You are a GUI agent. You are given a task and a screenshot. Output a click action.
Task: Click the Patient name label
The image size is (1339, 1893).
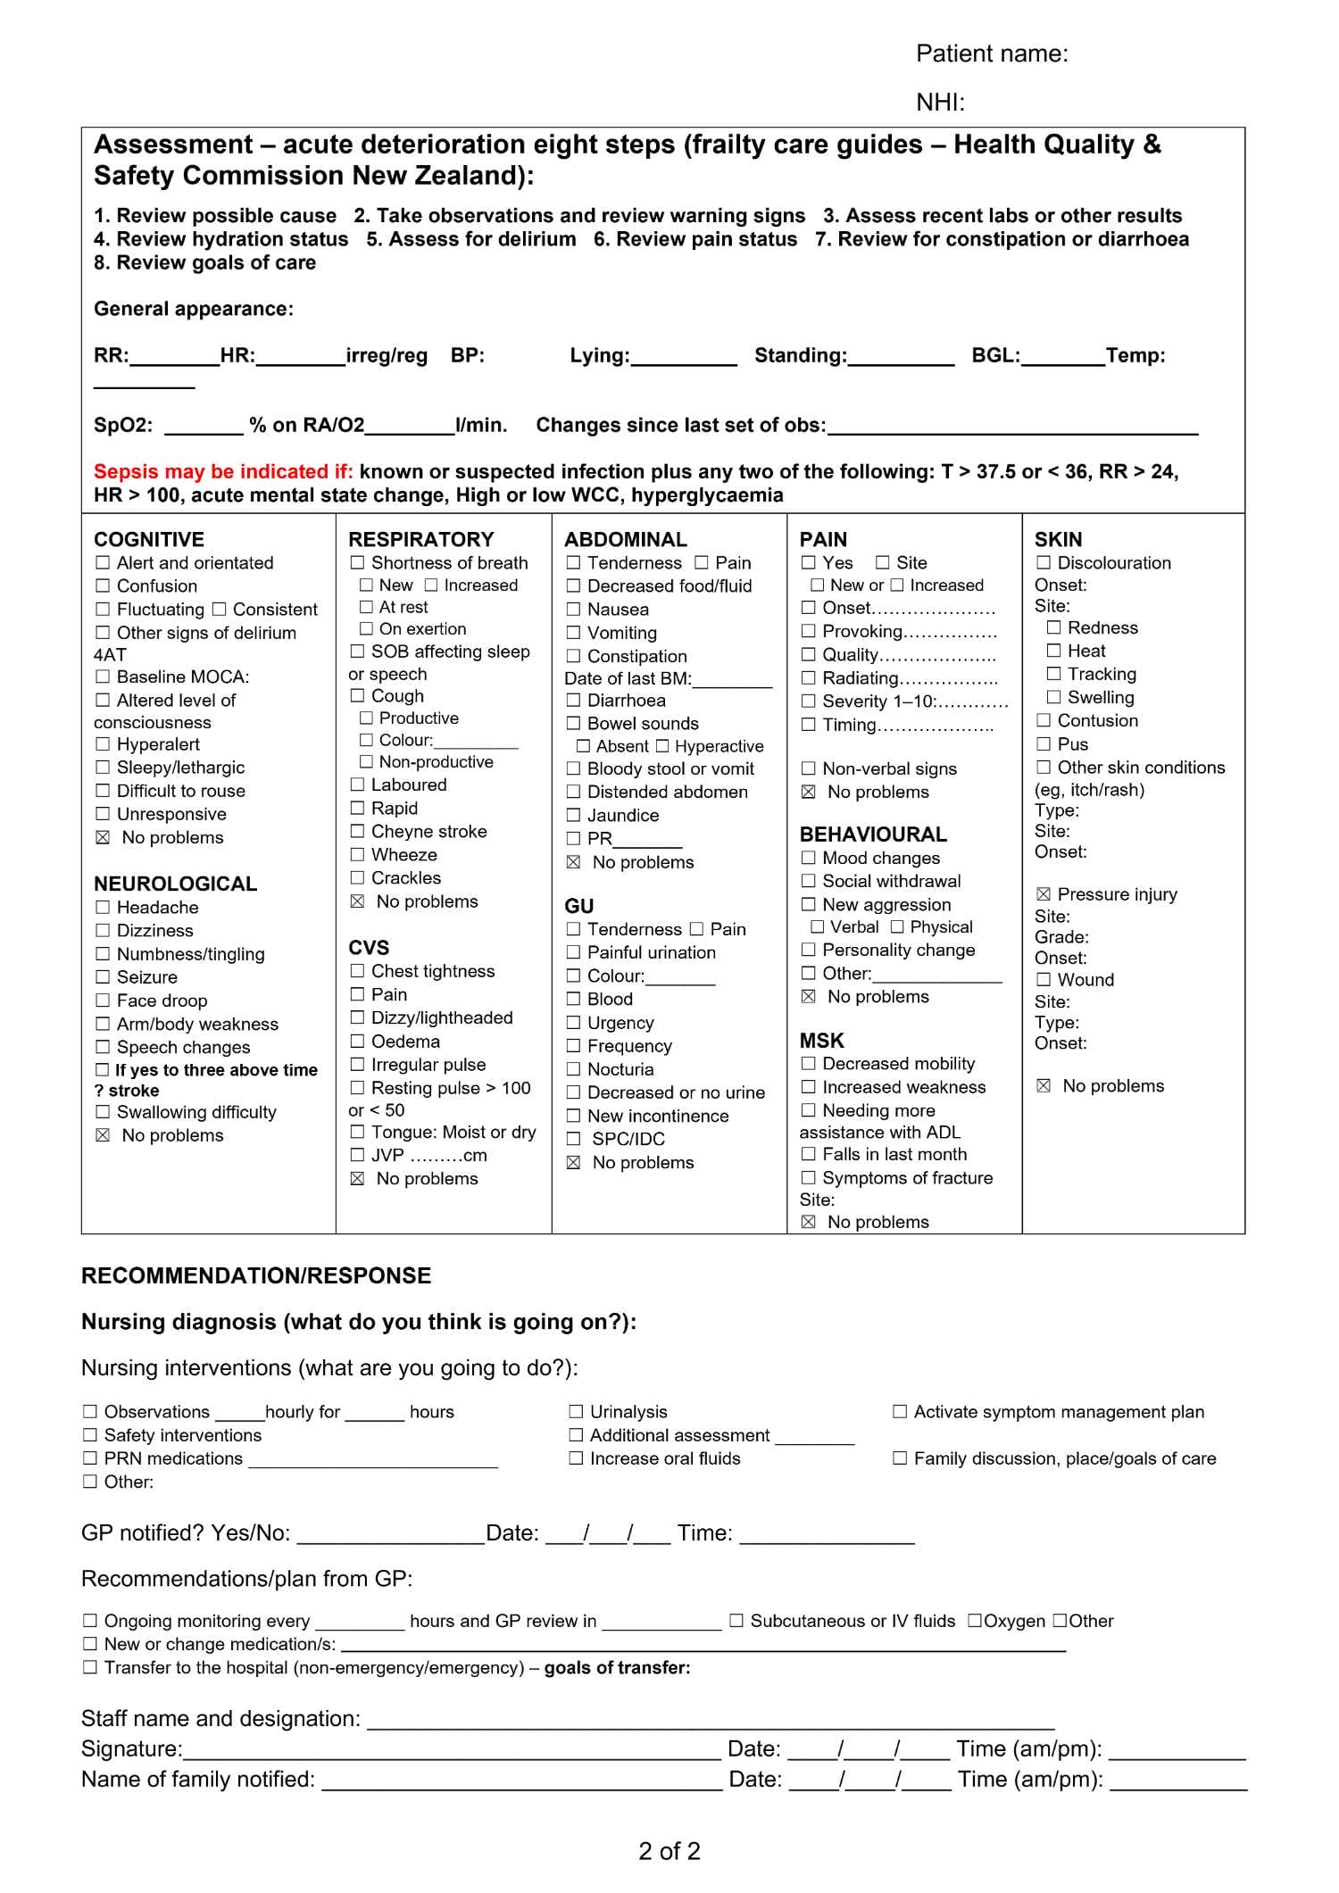[991, 54]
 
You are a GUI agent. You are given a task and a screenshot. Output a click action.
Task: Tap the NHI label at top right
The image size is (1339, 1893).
[940, 103]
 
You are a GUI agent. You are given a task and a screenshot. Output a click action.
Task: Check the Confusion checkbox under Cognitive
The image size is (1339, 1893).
[103, 585]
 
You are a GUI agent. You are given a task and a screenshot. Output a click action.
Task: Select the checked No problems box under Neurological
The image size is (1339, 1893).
[103, 1135]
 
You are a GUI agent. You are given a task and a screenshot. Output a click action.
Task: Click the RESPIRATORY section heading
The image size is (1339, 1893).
[420, 539]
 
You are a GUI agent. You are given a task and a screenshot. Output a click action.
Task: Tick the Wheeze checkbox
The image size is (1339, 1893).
[357, 854]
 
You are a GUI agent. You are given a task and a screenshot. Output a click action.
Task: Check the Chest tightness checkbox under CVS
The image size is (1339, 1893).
[357, 970]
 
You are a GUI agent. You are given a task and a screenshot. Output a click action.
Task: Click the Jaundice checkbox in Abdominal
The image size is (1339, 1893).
[573, 815]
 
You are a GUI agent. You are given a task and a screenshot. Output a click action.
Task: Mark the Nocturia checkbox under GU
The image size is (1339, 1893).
[573, 1068]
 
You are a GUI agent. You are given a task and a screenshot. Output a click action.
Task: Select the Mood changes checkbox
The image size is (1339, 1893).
[808, 858]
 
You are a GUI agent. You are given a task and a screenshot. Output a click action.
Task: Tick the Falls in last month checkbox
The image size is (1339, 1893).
[808, 1154]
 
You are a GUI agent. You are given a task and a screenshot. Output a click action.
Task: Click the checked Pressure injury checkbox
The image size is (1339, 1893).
[1043, 893]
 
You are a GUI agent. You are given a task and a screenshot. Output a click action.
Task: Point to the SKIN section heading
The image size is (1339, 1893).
[1058, 539]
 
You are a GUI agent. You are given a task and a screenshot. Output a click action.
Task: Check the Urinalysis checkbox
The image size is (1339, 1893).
[576, 1411]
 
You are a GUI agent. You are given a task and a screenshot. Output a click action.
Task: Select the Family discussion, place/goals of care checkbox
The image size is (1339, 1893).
[900, 1457]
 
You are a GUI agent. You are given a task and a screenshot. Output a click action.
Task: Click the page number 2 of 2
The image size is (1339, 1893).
[669, 1850]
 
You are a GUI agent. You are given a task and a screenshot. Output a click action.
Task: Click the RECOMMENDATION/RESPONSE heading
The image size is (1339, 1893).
[256, 1275]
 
